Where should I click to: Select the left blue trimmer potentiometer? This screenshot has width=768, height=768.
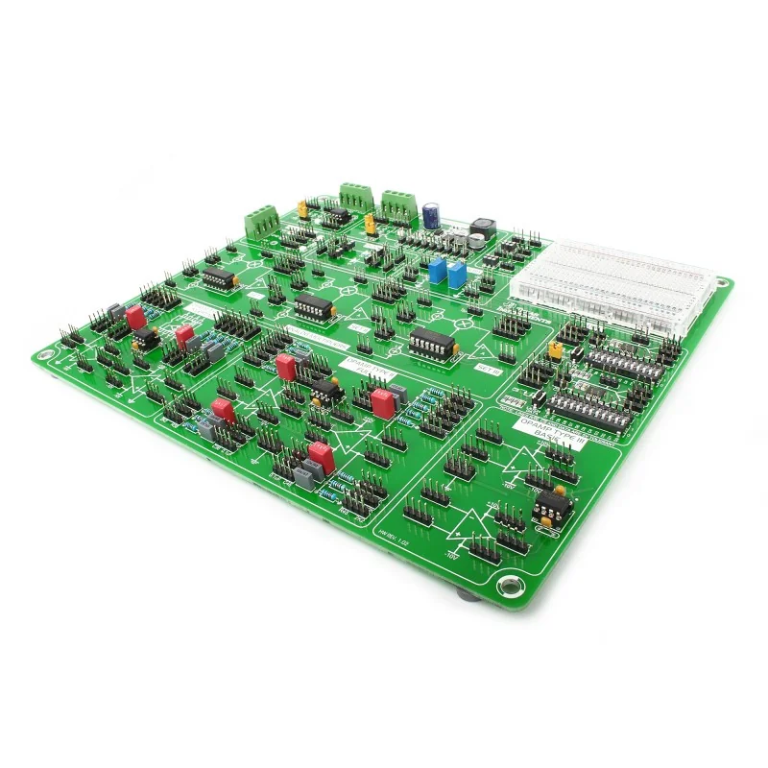pyautogui.click(x=438, y=272)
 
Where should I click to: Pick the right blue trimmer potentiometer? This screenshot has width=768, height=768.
pyautogui.click(x=456, y=276)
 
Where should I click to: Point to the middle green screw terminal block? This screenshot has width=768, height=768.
pyautogui.click(x=354, y=197)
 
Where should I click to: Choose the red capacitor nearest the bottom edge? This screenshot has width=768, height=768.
pyautogui.click(x=322, y=456)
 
